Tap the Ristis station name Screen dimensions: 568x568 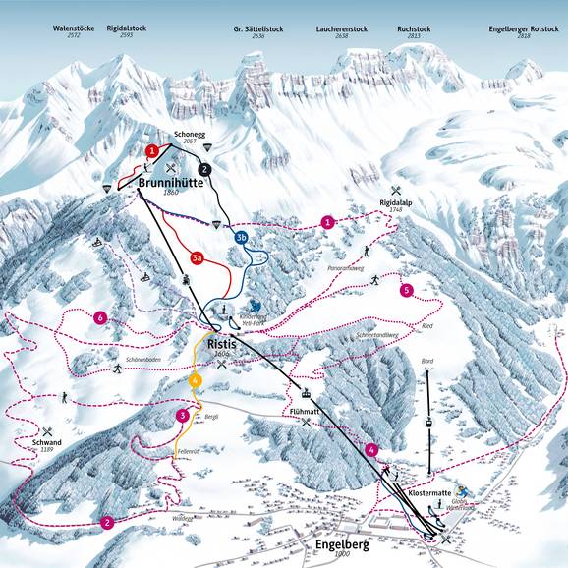tap(227, 345)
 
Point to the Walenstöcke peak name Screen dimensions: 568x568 tap(74, 28)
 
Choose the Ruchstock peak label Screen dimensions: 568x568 tap(414, 28)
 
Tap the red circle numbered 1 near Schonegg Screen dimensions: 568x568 tap(152, 150)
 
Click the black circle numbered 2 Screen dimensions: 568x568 tap(204, 169)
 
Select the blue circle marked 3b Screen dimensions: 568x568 tap(241, 237)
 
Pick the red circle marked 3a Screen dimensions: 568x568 tap(197, 258)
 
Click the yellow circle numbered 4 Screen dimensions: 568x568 tap(196, 380)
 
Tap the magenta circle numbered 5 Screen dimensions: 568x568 tap(406, 290)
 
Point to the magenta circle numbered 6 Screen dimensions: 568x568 tap(99, 317)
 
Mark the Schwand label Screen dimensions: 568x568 tap(46, 443)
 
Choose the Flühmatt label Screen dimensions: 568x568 tap(307, 411)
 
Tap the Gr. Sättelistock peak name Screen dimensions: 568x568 tap(252, 28)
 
